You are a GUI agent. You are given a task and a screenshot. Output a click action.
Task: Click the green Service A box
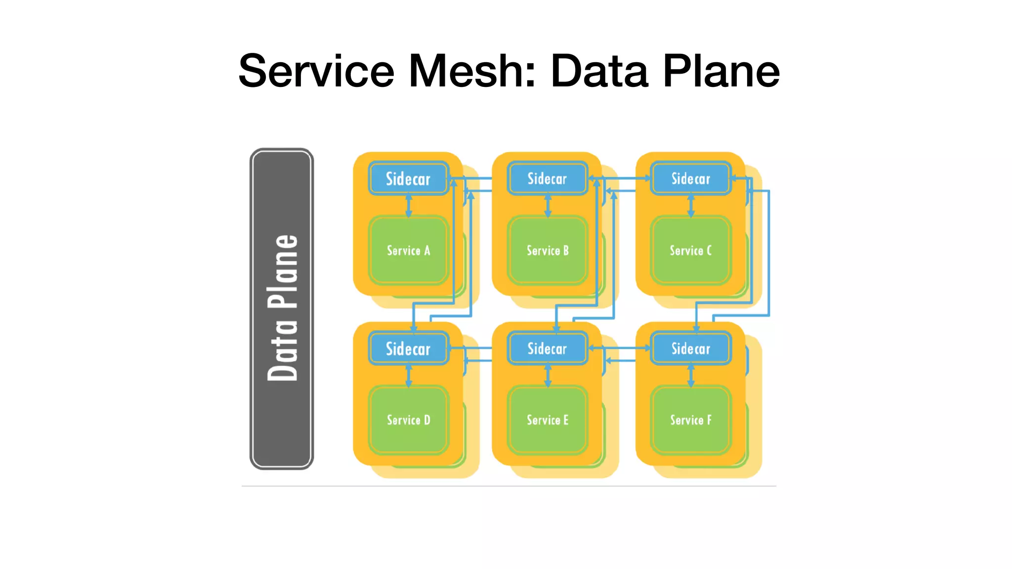click(408, 250)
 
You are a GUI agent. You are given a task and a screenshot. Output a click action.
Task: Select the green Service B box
click(548, 250)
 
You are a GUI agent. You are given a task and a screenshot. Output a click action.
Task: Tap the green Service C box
click(691, 250)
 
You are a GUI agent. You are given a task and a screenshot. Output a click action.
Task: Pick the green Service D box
click(408, 420)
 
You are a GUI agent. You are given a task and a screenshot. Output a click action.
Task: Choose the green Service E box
click(548, 420)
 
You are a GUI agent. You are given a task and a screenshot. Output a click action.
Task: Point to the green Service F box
click(691, 420)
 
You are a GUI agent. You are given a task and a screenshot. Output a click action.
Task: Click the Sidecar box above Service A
click(408, 178)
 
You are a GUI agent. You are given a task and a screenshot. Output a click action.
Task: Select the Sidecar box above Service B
click(548, 178)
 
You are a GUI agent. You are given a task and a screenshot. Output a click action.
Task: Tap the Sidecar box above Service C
click(691, 178)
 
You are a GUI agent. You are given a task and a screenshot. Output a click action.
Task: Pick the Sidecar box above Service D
click(408, 349)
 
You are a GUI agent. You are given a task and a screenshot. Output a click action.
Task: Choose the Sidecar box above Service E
click(548, 349)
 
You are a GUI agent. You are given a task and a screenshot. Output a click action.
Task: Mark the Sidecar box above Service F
click(691, 349)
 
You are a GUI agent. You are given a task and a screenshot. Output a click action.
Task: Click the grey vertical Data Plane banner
click(282, 309)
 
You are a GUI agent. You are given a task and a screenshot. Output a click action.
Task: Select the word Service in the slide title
click(316, 71)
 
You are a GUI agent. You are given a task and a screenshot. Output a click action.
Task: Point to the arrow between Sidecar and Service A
click(409, 205)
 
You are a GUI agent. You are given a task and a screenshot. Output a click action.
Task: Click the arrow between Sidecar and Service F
click(691, 375)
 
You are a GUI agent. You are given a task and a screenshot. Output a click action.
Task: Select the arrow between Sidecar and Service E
click(548, 375)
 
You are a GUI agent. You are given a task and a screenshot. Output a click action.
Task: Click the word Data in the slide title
click(599, 71)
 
